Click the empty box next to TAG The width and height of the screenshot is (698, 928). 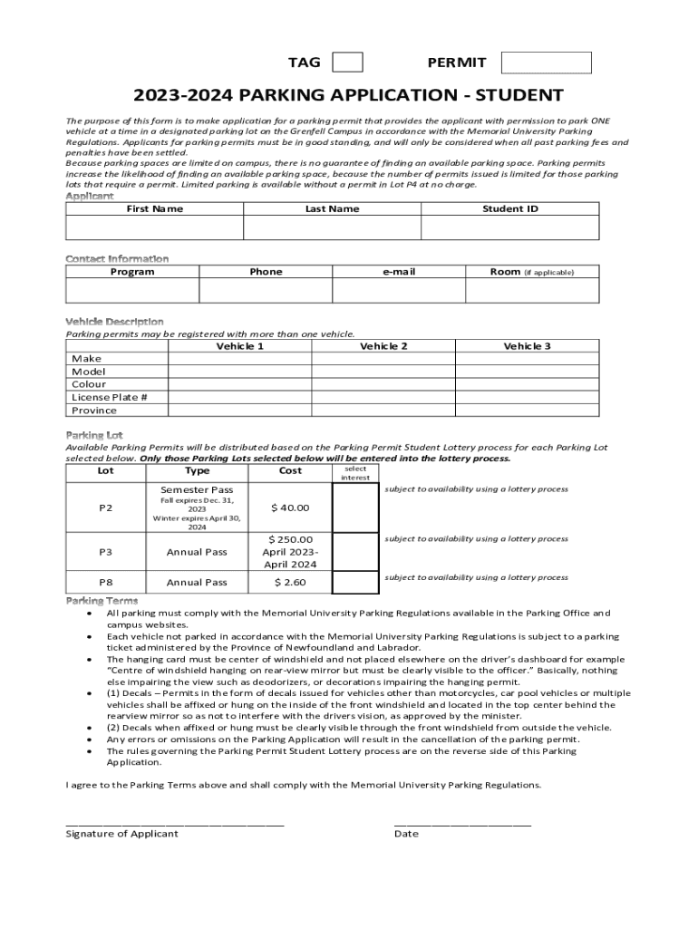tap(347, 62)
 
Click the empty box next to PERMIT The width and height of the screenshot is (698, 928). tap(546, 63)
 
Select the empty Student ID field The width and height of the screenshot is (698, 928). tap(510, 227)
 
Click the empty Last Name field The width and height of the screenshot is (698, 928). tap(332, 227)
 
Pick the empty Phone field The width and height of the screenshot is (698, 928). tap(266, 290)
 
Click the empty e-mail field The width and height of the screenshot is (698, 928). tap(399, 290)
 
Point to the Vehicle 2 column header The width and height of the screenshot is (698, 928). tap(383, 346)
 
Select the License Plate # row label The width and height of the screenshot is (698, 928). tap(110, 397)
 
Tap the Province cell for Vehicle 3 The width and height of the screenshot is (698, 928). tap(527, 411)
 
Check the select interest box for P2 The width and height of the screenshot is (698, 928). tap(355, 507)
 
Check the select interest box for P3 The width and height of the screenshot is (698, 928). tap(355, 551)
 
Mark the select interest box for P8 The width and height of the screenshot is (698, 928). tap(355, 582)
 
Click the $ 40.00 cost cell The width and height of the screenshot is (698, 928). tap(290, 507)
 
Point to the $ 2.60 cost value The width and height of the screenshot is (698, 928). tap(290, 582)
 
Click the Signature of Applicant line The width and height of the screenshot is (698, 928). tap(175, 822)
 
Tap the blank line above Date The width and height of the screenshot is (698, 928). tap(462, 822)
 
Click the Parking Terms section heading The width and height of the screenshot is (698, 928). tap(102, 601)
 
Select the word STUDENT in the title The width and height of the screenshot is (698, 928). tap(519, 95)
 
